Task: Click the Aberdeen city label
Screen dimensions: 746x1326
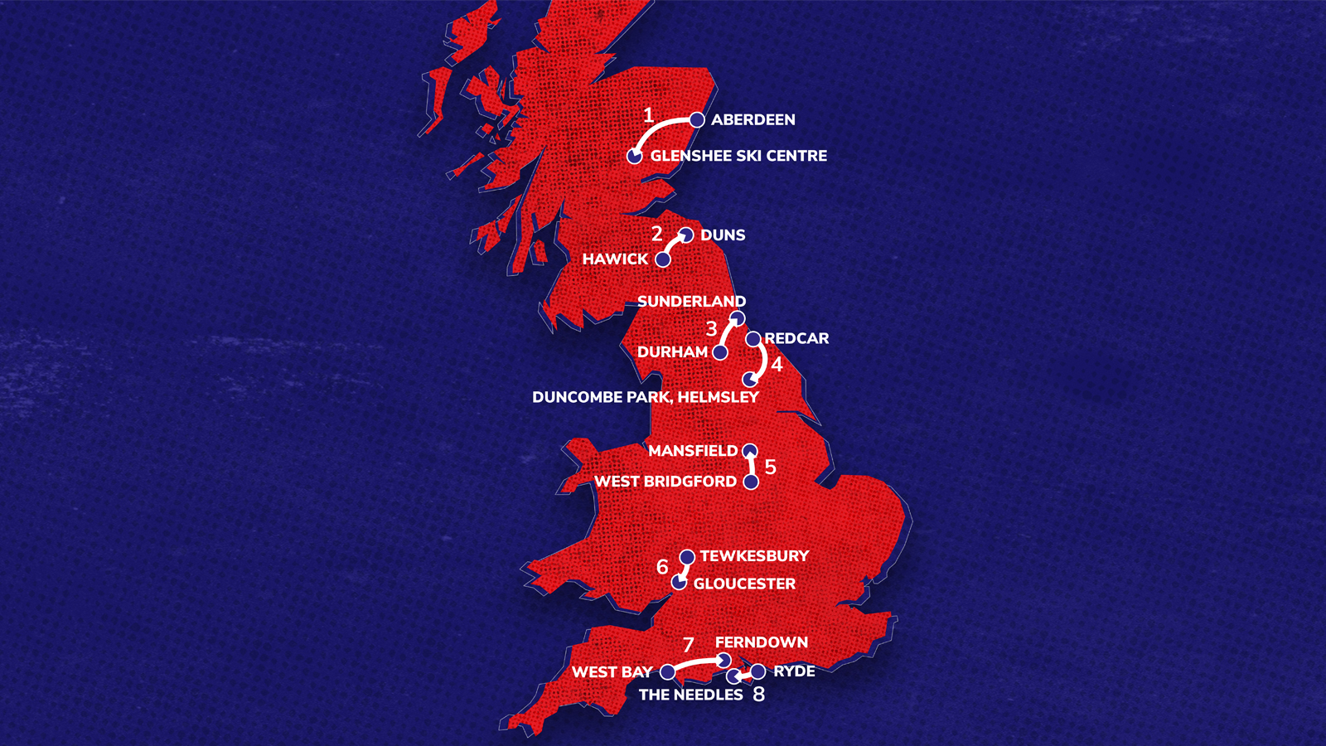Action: [753, 119]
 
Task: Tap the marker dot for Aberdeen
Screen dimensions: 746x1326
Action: [697, 120]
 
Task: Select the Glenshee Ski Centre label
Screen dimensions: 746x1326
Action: [738, 156]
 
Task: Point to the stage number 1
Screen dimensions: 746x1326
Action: [648, 116]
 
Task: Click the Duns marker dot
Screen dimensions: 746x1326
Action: [686, 235]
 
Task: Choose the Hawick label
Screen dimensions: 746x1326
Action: [615, 259]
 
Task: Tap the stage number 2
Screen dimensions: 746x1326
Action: [656, 234]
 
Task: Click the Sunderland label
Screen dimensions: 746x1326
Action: [691, 302]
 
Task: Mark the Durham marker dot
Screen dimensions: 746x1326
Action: [720, 352]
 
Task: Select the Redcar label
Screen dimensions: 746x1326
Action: [796, 338]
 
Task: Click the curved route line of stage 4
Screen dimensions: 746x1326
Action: [762, 360]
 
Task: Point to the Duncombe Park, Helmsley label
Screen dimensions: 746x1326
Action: [645, 397]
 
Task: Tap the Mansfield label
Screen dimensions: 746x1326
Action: [693, 451]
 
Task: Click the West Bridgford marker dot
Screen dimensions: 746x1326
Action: [751, 482]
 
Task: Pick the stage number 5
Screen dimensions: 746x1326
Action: [770, 467]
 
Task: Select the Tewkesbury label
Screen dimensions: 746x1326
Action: [754, 556]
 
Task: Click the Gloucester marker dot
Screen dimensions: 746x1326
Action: [679, 583]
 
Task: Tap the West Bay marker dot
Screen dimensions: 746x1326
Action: [667, 672]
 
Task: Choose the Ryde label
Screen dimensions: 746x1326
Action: [794, 671]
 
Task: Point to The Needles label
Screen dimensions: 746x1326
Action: [690, 695]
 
